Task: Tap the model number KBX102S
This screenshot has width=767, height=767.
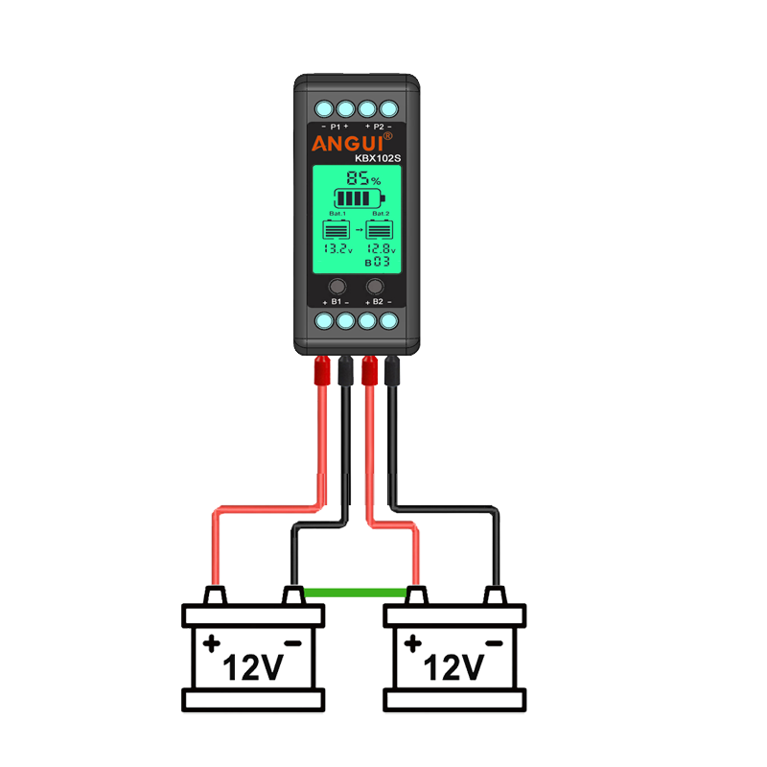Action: point(378,158)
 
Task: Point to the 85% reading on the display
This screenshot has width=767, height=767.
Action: point(363,177)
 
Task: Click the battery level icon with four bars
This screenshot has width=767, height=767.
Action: point(360,198)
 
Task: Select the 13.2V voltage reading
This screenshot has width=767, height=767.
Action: point(338,248)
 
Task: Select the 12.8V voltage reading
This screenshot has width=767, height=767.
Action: point(381,248)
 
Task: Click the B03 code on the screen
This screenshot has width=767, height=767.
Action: point(378,262)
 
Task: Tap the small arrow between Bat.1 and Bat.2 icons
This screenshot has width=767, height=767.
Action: point(360,229)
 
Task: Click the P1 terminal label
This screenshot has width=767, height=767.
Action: point(335,127)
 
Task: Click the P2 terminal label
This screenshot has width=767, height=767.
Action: point(379,127)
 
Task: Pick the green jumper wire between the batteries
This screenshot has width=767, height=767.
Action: point(355,593)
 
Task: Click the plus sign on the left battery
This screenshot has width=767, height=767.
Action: point(212,643)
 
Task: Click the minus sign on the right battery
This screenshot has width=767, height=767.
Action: point(494,643)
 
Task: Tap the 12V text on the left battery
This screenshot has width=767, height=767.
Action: point(253,667)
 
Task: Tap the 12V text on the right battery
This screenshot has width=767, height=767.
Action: point(453,667)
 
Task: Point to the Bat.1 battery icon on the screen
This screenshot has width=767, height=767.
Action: point(337,229)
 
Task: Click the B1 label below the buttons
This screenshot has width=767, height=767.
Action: point(337,302)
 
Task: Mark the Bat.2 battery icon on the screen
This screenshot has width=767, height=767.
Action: point(380,229)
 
